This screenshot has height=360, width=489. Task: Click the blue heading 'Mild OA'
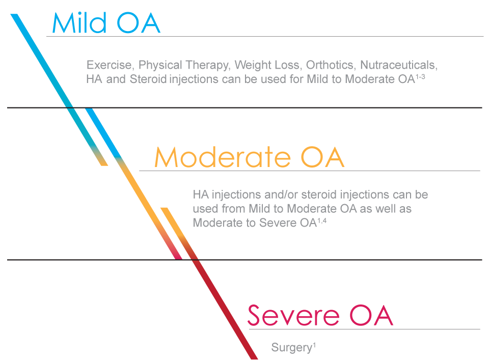106,23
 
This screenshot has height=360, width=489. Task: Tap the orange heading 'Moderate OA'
249,157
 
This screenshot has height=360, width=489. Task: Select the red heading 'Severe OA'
320,315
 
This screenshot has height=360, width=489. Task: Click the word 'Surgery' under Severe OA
291,348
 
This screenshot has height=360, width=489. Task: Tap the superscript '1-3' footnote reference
420,76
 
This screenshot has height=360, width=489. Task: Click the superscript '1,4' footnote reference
322,220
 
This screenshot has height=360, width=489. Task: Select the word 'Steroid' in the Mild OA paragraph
148,79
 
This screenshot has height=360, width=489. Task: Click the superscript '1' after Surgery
314,345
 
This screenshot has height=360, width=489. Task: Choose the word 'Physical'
160,65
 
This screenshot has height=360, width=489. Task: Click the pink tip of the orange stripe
178,258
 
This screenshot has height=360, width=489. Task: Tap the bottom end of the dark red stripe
254,358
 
